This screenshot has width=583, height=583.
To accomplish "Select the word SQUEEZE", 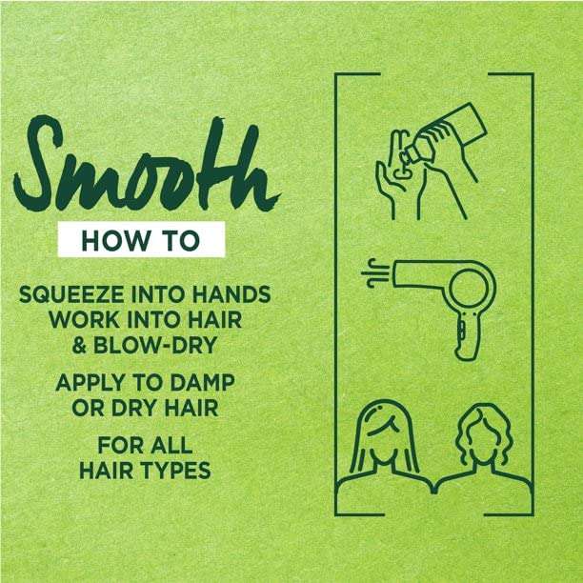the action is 71,294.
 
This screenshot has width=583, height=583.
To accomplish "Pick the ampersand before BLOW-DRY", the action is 80,345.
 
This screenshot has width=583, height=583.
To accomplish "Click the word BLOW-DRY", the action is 154,345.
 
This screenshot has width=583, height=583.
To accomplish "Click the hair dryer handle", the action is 466,336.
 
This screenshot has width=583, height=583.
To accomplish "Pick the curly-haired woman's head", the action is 484,435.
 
